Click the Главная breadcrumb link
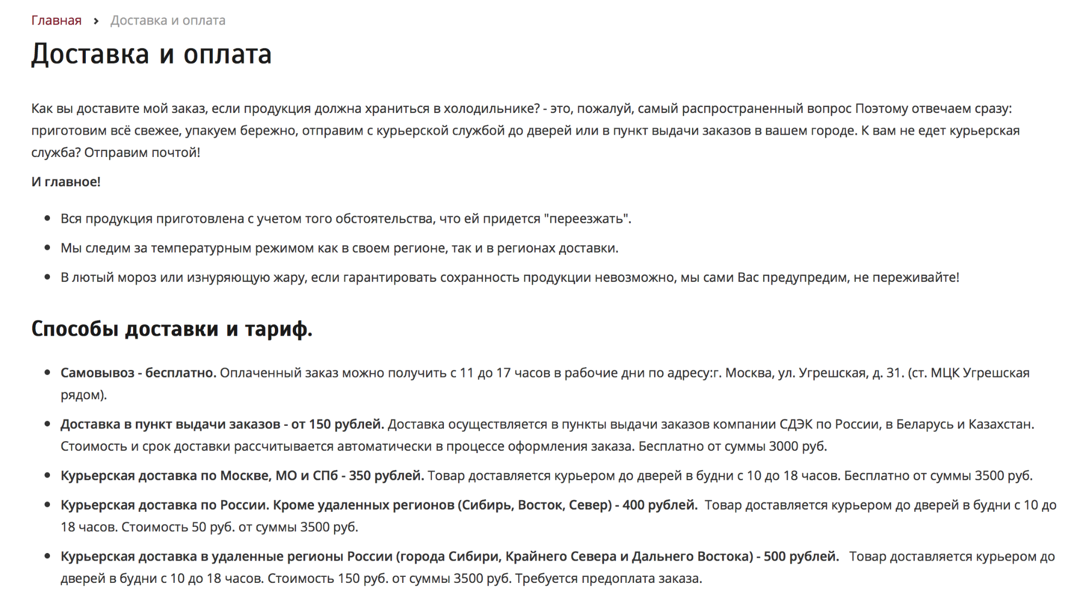[x=57, y=21]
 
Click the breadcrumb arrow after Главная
[x=96, y=21]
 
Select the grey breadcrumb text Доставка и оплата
[x=168, y=21]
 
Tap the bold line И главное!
[x=66, y=182]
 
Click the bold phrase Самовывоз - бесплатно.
[x=139, y=373]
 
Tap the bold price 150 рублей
[x=346, y=424]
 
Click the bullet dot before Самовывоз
[x=48, y=373]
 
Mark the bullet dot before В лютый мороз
[x=48, y=277]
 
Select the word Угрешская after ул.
[x=832, y=373]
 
